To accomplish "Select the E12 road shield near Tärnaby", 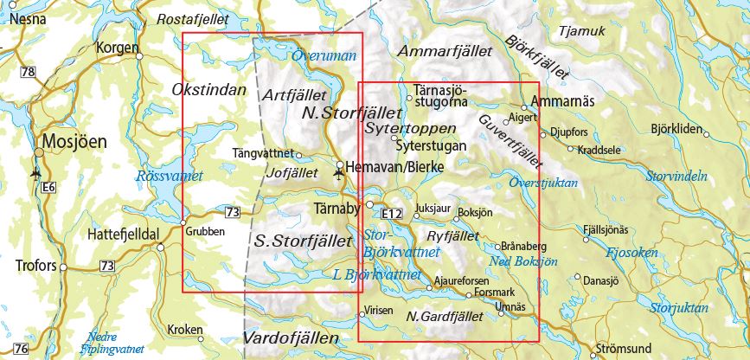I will coord(392,209).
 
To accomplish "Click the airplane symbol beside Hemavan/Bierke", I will coord(337,175).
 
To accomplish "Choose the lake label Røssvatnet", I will coord(169,176).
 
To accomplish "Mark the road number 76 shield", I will coord(21,349).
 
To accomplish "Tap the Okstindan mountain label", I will coord(208,90).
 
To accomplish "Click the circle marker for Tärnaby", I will coord(369,205).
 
